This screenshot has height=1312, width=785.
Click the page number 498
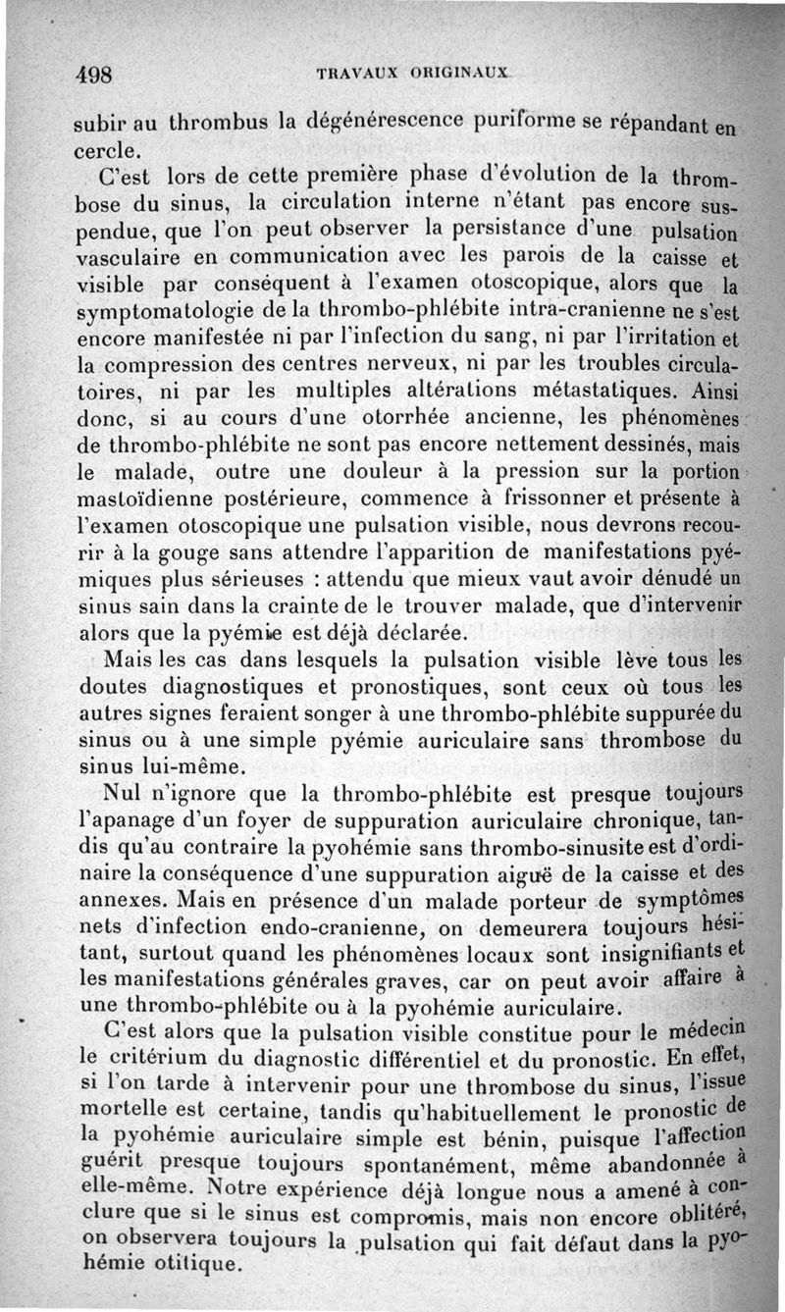[x=97, y=75]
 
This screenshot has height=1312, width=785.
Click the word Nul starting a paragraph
[x=125, y=791]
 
